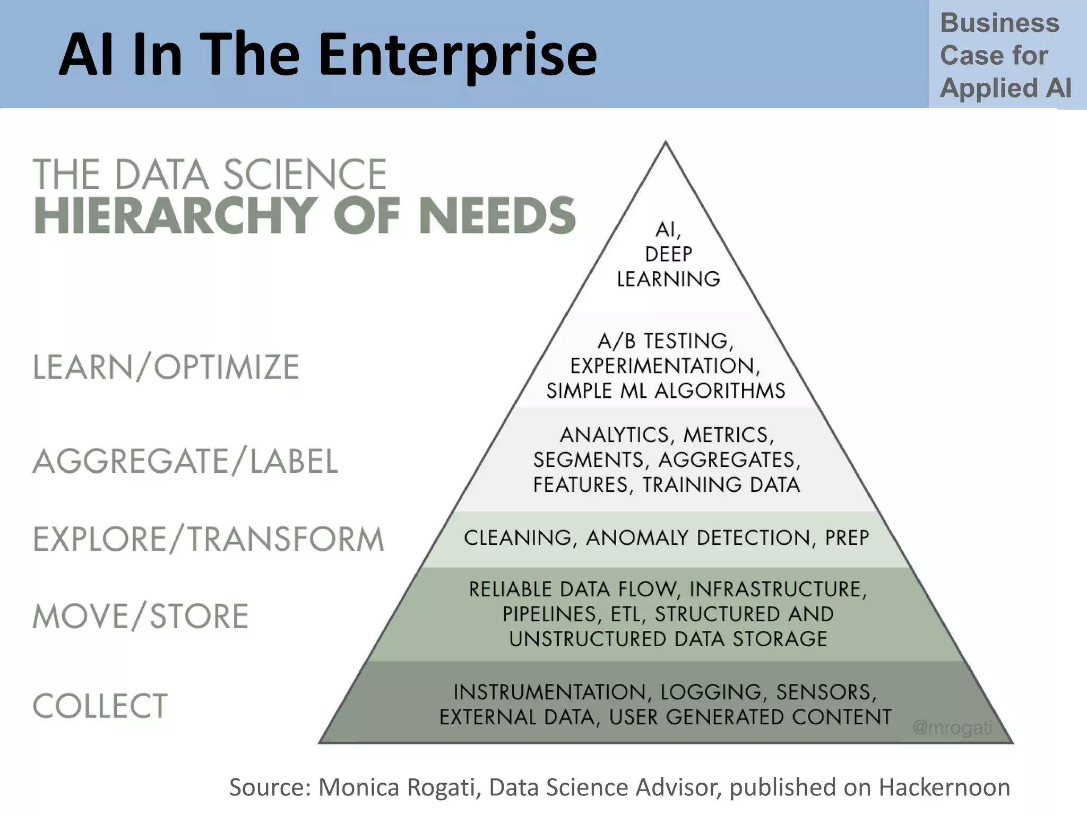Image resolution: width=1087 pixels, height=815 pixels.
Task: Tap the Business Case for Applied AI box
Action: [1005, 55]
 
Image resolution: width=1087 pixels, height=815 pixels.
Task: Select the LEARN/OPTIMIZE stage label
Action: [166, 367]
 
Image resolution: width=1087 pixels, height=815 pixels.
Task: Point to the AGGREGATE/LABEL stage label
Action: [185, 461]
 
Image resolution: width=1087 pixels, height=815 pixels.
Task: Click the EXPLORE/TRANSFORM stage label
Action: [209, 539]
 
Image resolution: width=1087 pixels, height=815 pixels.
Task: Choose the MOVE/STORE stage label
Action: [141, 616]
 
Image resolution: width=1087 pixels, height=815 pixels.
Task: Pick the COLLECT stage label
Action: [100, 706]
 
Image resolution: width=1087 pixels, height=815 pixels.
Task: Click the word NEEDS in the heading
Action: [497, 215]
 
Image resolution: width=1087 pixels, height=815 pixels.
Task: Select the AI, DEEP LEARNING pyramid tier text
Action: [668, 254]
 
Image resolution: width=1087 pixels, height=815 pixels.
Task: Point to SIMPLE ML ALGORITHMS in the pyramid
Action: [666, 391]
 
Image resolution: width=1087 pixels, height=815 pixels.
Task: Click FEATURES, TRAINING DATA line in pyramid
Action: [666, 484]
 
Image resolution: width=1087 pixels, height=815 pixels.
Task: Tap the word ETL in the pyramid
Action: [627, 614]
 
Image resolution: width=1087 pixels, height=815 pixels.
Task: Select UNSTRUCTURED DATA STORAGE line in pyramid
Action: [668, 639]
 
